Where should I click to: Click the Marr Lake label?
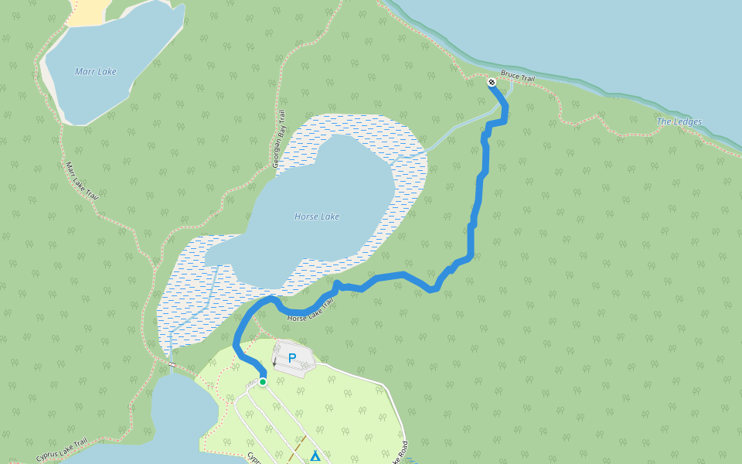tap(96, 72)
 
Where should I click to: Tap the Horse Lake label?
tap(317, 217)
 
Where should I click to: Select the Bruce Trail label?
tap(518, 77)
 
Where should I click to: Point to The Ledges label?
tap(679, 121)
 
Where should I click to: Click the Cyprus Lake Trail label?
tap(61, 451)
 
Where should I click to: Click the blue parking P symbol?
tap(292, 358)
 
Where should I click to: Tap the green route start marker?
tap(263, 382)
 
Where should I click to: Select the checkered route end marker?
tap(492, 82)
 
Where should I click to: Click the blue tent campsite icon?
tap(315, 456)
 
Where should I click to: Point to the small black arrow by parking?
tap(274, 362)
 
